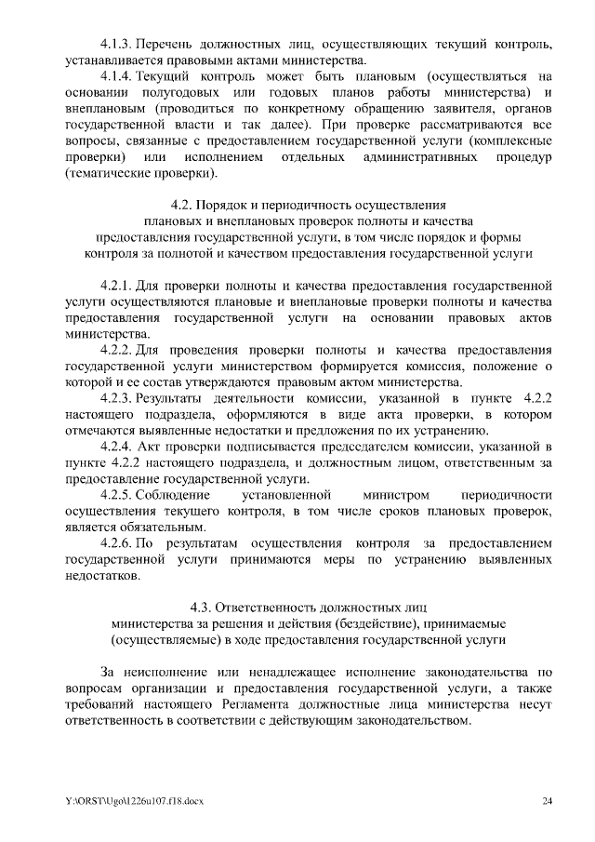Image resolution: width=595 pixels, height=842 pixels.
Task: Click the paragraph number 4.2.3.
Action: [x=117, y=398]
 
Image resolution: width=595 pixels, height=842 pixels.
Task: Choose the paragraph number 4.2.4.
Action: [x=117, y=447]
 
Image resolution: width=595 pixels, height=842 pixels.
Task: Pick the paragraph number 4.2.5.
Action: [x=117, y=495]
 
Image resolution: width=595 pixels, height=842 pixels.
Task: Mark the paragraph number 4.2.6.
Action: [x=117, y=543]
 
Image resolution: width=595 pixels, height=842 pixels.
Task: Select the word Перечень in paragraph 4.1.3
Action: [x=169, y=44]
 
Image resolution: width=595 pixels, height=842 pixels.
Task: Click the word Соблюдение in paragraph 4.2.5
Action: [x=174, y=495]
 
